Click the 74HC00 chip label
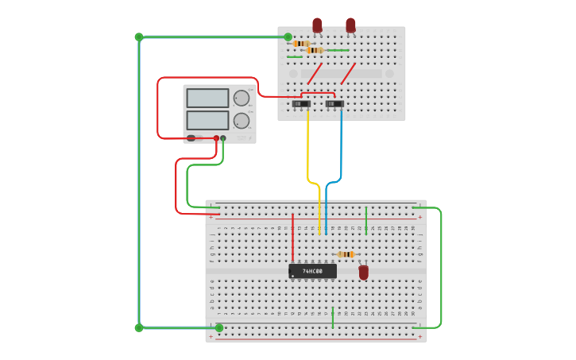click(312, 271)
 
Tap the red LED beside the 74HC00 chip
click(364, 273)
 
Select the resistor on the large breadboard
click(346, 254)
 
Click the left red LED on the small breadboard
click(317, 25)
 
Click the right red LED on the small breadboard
click(350, 25)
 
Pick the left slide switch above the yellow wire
click(301, 103)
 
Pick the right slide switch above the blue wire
click(335, 103)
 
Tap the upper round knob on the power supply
click(241, 98)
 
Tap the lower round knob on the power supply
click(241, 121)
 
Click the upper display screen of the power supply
click(207, 98)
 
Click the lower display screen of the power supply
click(207, 121)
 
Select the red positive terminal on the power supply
click(216, 138)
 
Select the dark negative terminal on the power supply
click(223, 138)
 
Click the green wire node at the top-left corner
click(139, 37)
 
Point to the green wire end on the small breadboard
click(288, 37)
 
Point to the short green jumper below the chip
click(333, 317)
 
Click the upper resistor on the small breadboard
click(301, 44)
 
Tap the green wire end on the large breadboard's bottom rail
click(219, 327)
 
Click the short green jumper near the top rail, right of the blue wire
click(365, 219)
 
